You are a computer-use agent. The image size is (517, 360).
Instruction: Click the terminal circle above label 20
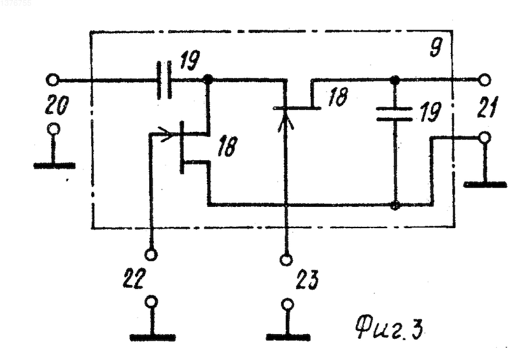pyautogui.click(x=52, y=79)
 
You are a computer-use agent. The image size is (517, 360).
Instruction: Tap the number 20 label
pyautogui.click(x=57, y=105)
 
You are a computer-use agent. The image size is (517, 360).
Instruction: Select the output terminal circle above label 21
pyautogui.click(x=485, y=79)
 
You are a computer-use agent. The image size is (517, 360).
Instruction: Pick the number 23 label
pyautogui.click(x=308, y=280)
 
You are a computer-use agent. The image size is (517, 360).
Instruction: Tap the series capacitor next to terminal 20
pyautogui.click(x=164, y=79)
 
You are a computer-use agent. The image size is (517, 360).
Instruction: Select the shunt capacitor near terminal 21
pyautogui.click(x=394, y=114)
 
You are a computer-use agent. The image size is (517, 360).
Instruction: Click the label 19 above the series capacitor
pyautogui.click(x=189, y=60)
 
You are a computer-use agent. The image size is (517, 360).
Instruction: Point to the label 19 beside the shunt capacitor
pyautogui.click(x=430, y=112)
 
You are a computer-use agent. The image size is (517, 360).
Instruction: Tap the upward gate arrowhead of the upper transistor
pyautogui.click(x=286, y=123)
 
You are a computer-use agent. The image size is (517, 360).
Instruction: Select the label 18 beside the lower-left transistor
pyautogui.click(x=227, y=146)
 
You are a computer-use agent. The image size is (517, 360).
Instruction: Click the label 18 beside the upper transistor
pyautogui.click(x=337, y=98)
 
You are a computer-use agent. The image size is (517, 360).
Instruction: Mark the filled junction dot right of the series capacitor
pyautogui.click(x=207, y=79)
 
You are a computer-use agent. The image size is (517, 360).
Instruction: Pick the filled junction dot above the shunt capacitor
pyautogui.click(x=395, y=79)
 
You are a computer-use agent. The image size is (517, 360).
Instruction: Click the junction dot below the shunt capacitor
pyautogui.click(x=395, y=205)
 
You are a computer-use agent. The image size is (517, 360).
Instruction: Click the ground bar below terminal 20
pyautogui.click(x=55, y=166)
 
